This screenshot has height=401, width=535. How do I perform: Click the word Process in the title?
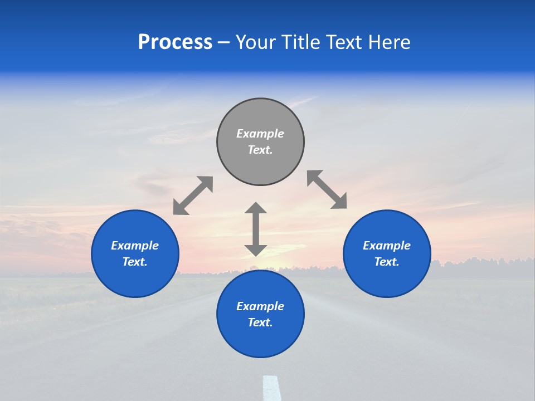(x=175, y=42)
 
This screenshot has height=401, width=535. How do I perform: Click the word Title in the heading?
(x=301, y=42)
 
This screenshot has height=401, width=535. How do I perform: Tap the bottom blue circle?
(x=260, y=340)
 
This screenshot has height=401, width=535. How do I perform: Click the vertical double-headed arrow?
(x=256, y=229)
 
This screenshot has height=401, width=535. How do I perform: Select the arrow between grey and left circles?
(x=193, y=195)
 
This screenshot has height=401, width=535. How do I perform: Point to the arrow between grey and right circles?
(x=327, y=189)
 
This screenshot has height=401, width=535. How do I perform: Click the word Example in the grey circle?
(x=260, y=134)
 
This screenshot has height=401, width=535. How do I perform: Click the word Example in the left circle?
(x=135, y=246)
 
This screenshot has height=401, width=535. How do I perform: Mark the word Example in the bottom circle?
(x=260, y=306)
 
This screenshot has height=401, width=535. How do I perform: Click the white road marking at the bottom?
(x=271, y=389)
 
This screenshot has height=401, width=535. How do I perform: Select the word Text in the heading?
(x=344, y=42)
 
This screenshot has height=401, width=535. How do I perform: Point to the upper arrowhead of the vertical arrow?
(x=256, y=208)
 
